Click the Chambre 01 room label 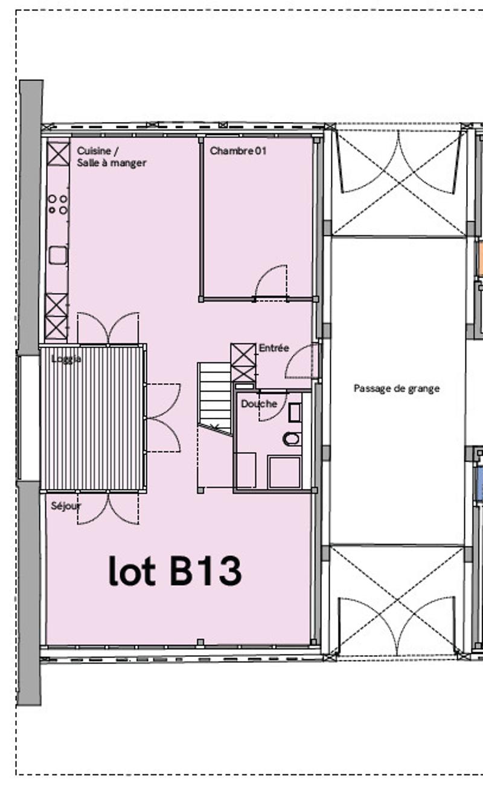238,151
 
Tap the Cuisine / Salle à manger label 112,157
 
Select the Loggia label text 66,359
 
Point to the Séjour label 66,506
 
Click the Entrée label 274,348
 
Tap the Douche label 259,404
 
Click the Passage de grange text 397,389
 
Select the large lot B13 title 175,571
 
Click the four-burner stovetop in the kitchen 58,204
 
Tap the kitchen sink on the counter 58,255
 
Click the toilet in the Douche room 292,439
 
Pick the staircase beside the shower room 215,399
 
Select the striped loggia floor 92,418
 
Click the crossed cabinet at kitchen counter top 58,154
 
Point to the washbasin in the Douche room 295,413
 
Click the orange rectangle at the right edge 479,259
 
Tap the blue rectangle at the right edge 479,483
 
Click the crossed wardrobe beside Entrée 243,362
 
